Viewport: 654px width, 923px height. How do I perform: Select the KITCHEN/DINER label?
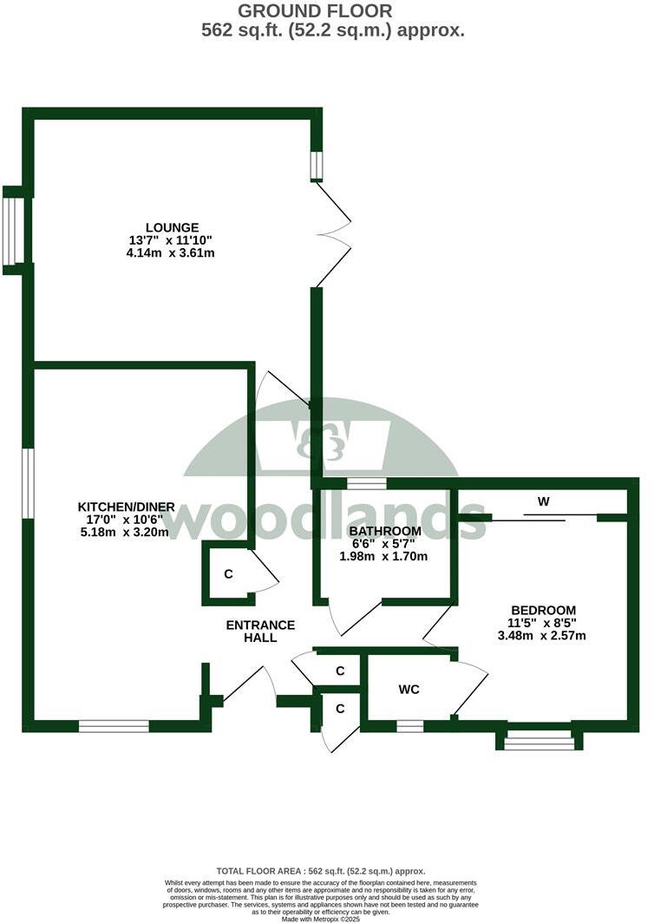127,507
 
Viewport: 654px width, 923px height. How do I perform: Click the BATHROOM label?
385,531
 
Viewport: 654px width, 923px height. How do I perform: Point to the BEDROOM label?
543,610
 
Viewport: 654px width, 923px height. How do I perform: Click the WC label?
409,690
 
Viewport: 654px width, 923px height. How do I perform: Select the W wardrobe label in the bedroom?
544,501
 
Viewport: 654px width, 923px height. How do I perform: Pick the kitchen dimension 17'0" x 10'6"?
127,520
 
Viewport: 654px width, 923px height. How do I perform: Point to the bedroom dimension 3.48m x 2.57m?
543,635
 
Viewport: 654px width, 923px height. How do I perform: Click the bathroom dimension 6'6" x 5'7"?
385,544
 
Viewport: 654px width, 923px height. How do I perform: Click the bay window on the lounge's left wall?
13,231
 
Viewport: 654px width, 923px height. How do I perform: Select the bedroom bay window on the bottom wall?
539,739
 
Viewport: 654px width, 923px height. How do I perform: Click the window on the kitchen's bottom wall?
114,726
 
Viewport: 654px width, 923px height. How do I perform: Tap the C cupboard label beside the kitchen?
228,574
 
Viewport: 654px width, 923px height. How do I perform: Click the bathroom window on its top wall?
366,483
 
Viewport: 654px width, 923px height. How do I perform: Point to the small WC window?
410,726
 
